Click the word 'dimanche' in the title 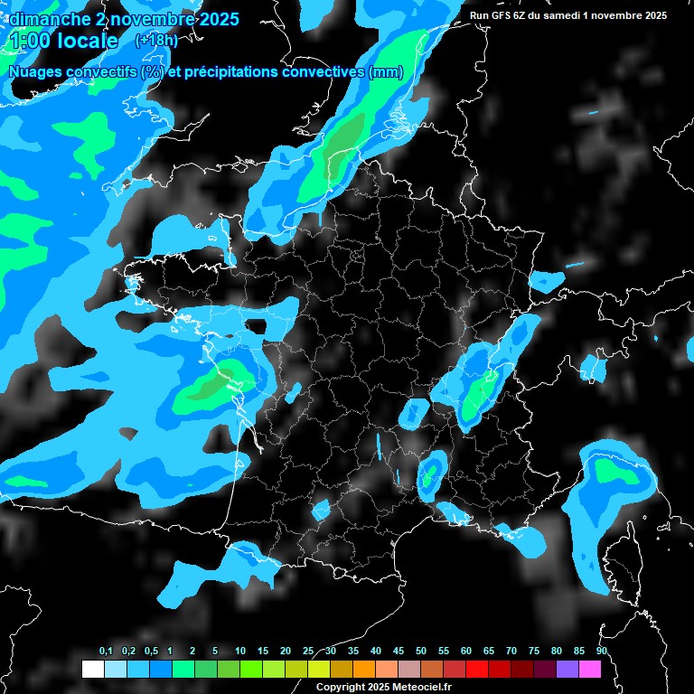click(49, 18)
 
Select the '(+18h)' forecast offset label click(156, 41)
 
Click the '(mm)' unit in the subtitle click(386, 72)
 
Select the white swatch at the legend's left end click(92, 669)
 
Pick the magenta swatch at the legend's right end click(589, 669)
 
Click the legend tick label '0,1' click(106, 652)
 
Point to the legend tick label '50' click(421, 652)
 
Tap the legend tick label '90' click(602, 652)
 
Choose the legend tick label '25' click(308, 652)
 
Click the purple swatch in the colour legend click(567, 669)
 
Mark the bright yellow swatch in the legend click(318, 669)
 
